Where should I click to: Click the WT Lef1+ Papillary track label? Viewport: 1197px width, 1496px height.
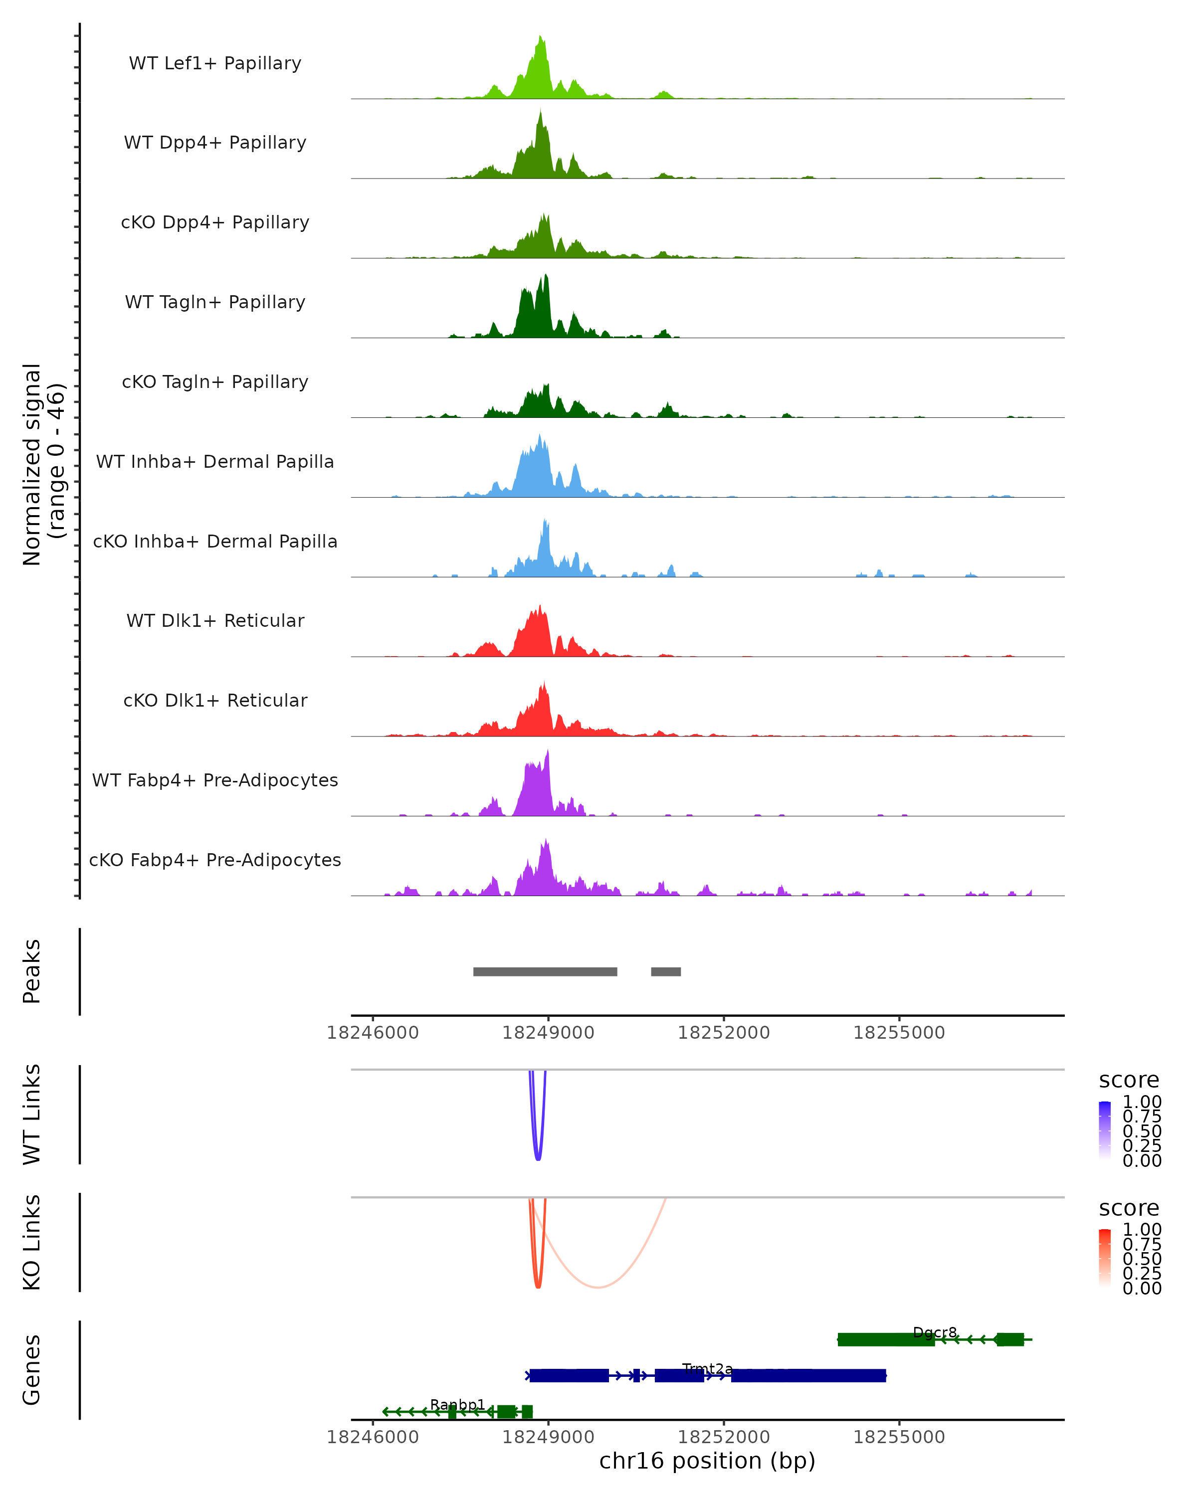[x=215, y=63]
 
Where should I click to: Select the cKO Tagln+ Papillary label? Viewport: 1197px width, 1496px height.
[x=215, y=381]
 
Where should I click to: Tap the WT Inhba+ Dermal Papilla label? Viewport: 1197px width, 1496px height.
[x=215, y=461]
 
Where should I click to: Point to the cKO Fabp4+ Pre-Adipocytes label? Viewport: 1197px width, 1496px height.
[x=215, y=860]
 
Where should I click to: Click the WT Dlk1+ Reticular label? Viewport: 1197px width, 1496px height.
[x=215, y=620]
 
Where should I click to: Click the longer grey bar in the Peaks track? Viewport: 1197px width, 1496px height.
[x=545, y=971]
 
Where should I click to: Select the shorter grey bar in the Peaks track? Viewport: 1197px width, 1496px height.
[x=665, y=971]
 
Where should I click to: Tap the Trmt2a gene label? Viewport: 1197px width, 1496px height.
[x=707, y=1368]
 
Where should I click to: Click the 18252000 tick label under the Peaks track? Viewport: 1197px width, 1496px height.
[x=723, y=1033]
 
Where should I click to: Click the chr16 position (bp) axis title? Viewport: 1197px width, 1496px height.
[x=707, y=1461]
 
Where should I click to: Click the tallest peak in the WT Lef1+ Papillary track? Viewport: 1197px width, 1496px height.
[x=541, y=38]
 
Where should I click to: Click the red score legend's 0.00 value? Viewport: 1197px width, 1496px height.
[x=1142, y=1288]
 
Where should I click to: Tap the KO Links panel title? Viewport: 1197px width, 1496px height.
[x=32, y=1242]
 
